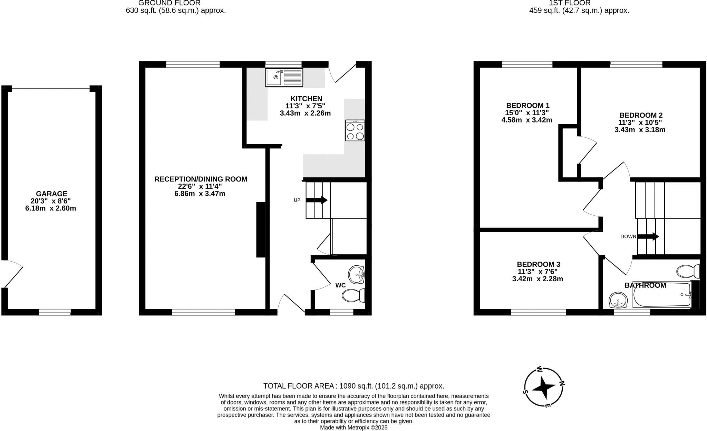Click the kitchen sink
pos(284,77)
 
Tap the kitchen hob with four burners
pos(355,130)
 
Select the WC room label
pos(340,285)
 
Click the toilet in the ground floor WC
pos(353,295)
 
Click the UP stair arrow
pos(317,200)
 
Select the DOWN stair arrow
pos(648,237)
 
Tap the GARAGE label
pos(51,194)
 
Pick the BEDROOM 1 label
pos(527,106)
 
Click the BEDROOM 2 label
pos(641,115)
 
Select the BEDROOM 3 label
pos(538,264)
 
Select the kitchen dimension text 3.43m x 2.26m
pos(305,113)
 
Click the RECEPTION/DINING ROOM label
pos(201,179)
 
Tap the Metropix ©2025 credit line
pos(353,428)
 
